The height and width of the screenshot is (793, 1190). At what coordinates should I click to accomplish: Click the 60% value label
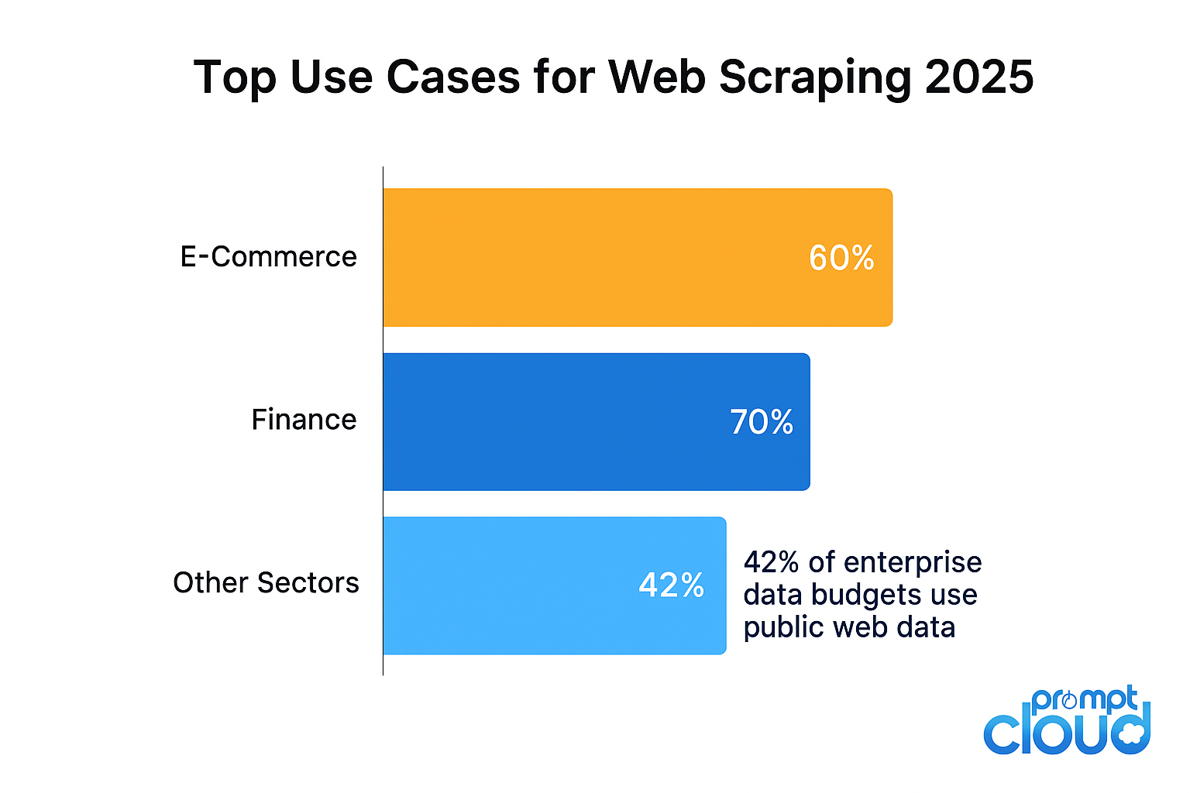841,258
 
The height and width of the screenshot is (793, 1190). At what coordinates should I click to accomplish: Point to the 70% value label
762,422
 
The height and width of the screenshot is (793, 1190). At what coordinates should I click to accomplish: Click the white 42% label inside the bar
671,585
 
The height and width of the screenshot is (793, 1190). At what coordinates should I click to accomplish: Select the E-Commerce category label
268,257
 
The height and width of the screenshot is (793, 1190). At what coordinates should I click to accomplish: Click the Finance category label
304,420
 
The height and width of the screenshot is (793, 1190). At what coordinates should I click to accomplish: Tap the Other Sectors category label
266,583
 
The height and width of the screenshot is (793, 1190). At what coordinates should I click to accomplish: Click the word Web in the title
656,77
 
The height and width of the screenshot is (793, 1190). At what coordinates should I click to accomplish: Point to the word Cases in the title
452,77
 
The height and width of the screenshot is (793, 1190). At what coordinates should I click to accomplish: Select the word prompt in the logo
1085,700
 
